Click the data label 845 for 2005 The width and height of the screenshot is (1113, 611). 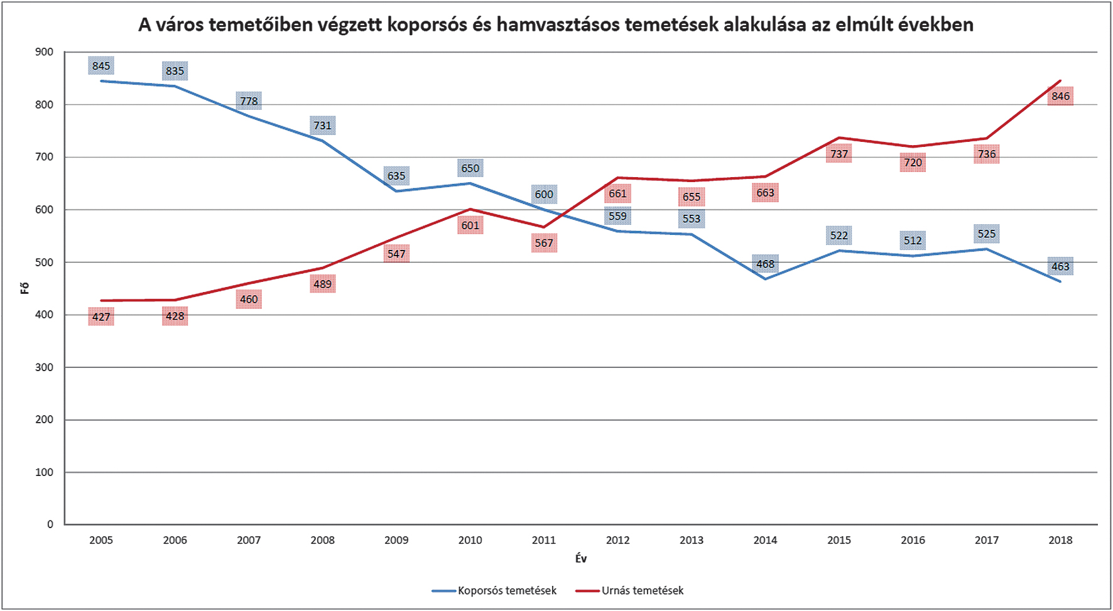point(101,66)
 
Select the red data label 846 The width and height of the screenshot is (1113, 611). point(1060,96)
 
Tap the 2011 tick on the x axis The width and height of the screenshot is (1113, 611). point(544,540)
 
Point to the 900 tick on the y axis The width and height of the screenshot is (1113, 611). point(45,52)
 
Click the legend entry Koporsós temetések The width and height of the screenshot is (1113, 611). point(506,591)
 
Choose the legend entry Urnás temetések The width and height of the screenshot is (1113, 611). point(642,591)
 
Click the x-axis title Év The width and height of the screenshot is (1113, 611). point(581,558)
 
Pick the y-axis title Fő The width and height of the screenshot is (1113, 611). point(25,288)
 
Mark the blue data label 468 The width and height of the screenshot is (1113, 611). point(765,264)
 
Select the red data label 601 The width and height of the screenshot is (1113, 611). point(470,225)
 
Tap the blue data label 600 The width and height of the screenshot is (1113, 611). point(544,195)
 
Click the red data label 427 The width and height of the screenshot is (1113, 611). point(101,316)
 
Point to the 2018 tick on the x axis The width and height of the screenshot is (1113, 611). point(1060,540)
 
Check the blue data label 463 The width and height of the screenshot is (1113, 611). point(1060,267)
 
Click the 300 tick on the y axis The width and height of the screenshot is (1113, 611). point(45,367)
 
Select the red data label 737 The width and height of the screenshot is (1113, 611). point(839,154)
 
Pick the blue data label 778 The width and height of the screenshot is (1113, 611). point(249,101)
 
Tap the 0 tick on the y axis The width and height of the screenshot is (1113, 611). point(50,524)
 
